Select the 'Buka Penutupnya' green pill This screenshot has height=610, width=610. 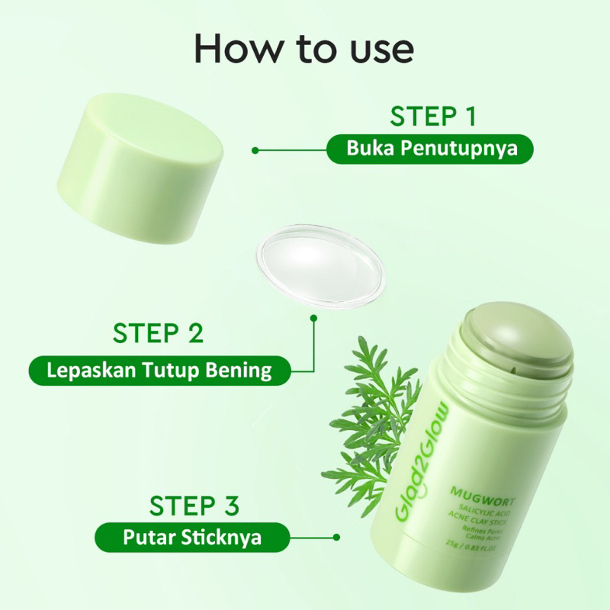[x=432, y=149]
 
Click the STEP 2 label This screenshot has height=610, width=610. [x=158, y=333]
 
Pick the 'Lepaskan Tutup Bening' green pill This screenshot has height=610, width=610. [x=159, y=371]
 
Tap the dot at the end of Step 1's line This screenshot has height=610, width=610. [x=255, y=150]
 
